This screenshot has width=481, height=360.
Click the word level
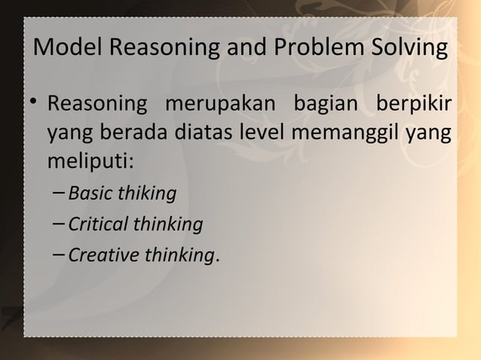point(259,133)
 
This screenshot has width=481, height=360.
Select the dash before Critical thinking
point(60,224)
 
